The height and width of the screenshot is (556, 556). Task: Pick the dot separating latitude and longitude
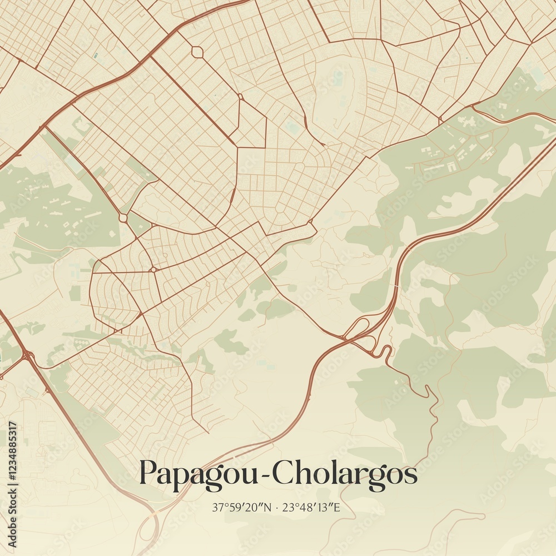point(276,507)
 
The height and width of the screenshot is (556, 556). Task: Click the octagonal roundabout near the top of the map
point(197,52)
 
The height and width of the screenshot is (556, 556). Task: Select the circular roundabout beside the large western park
point(123,218)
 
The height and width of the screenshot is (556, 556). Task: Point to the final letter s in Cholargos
point(411,476)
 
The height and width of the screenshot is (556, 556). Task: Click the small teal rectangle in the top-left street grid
point(96,56)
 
